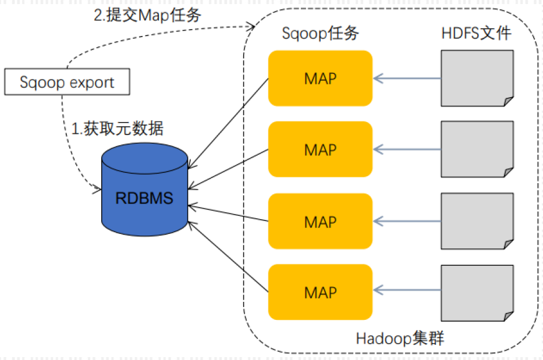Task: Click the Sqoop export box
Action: [x=67, y=81]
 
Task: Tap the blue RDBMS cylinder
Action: [x=144, y=190]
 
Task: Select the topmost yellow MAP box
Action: [x=320, y=79]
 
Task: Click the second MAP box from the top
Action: [x=320, y=149]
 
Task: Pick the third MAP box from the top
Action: [x=320, y=221]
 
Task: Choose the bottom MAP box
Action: [x=320, y=292]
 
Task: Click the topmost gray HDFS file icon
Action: [x=477, y=79]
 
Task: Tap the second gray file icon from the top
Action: [x=477, y=149]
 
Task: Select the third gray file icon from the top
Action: [x=477, y=221]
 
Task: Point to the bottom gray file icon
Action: [x=477, y=293]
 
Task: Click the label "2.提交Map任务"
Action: [x=147, y=15]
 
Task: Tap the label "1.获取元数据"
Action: [x=117, y=129]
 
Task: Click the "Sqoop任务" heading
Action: [x=320, y=33]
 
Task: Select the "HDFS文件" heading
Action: [x=477, y=33]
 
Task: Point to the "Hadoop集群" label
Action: [x=400, y=338]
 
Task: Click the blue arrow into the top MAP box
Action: [x=407, y=79]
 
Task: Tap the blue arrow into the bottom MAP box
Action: [x=407, y=290]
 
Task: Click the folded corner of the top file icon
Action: [x=508, y=101]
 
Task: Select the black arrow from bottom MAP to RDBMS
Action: [x=228, y=256]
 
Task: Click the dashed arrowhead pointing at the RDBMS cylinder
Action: [x=97, y=188]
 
